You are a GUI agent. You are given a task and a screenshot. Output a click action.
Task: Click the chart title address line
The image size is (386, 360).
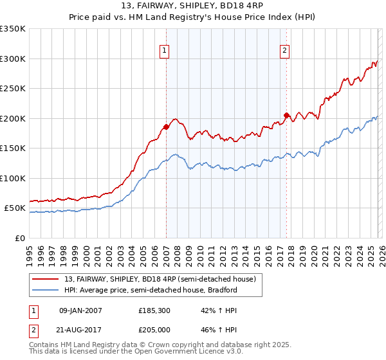tap(193, 7)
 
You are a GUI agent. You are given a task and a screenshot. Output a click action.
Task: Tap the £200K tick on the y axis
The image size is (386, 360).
tap(13, 118)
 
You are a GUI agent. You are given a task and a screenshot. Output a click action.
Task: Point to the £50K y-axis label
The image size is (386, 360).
tap(15, 208)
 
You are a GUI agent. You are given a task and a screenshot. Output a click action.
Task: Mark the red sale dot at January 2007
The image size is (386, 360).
tap(166, 127)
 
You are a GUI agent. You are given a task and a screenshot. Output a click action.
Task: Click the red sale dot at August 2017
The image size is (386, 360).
tap(286, 115)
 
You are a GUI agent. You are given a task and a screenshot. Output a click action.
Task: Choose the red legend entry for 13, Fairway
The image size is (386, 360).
tap(160, 279)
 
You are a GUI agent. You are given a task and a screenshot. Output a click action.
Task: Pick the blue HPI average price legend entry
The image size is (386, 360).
tap(151, 290)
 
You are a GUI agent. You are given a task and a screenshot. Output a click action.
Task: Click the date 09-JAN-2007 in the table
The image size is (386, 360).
tap(80, 310)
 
